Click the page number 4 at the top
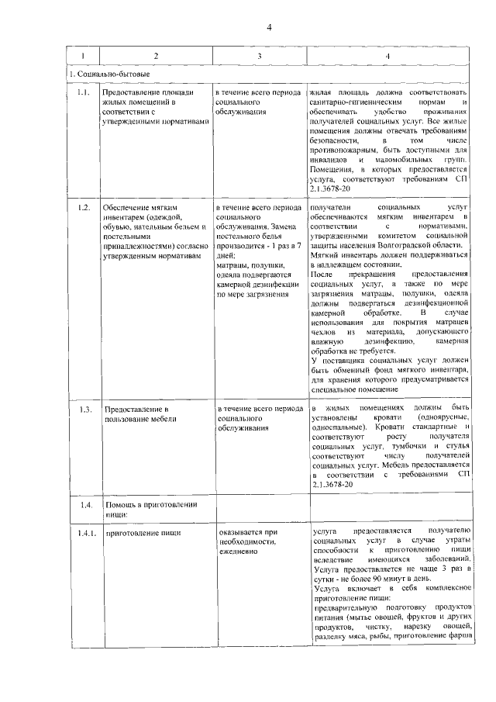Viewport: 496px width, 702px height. coord(268,28)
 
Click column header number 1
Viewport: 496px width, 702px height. coord(84,56)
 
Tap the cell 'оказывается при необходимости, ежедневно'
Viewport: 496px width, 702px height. coord(248,542)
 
